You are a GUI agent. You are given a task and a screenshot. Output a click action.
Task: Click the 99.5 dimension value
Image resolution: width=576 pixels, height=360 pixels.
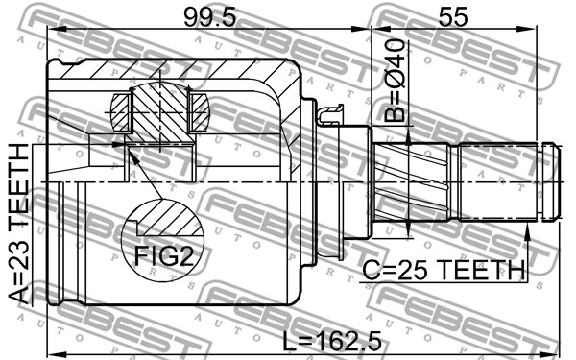(x=209, y=17)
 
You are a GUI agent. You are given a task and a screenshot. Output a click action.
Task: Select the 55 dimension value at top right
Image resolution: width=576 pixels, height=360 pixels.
(x=454, y=17)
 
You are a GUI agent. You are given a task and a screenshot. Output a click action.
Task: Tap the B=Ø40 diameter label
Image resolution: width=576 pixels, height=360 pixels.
(x=395, y=81)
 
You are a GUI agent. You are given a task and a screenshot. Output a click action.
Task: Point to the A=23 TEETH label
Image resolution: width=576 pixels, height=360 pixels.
(x=18, y=224)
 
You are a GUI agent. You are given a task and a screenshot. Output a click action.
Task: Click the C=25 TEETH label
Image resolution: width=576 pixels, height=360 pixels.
(x=444, y=270)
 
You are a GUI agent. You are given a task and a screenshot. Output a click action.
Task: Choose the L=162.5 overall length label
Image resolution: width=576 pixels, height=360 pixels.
(x=332, y=342)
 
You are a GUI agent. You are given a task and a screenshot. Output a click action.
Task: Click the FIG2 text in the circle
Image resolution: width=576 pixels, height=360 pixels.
(x=164, y=256)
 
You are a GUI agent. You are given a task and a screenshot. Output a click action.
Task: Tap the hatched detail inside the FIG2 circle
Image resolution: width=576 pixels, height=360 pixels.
(x=170, y=218)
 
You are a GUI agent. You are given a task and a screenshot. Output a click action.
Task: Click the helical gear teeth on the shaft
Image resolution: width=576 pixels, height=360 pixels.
(x=411, y=181)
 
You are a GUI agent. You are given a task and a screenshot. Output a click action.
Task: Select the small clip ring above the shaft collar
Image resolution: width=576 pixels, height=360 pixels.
(x=330, y=114)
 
